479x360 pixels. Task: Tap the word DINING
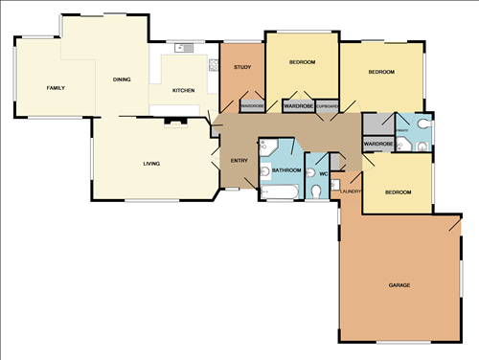[122, 79]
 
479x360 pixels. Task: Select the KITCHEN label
[183, 90]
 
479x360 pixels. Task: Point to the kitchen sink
[183, 48]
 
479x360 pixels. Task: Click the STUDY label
[242, 67]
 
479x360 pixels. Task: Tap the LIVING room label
[151, 164]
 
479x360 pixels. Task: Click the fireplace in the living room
[173, 121]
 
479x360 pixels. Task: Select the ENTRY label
[239, 160]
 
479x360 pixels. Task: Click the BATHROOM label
[286, 170]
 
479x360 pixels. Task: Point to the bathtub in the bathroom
[279, 194]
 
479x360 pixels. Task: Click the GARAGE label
[399, 286]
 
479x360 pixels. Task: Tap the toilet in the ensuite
[407, 146]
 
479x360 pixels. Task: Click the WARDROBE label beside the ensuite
[378, 144]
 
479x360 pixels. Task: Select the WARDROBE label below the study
[252, 106]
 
